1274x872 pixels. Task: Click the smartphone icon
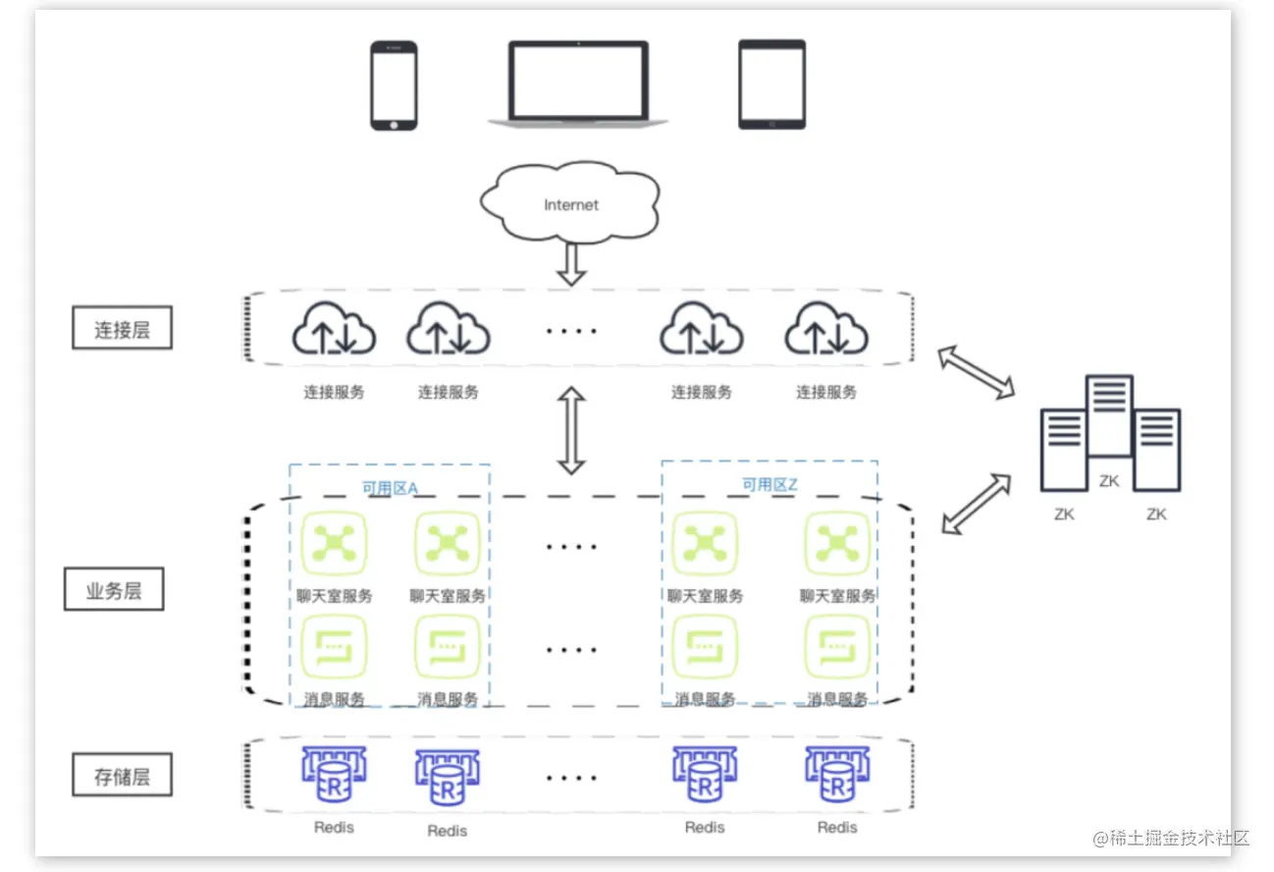tap(394, 85)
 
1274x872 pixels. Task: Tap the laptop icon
tap(578, 83)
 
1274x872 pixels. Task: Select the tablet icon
tap(771, 84)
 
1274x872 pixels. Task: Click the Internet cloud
tap(570, 201)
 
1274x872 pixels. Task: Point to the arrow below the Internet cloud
tap(571, 264)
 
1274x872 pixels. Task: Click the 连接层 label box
tap(123, 328)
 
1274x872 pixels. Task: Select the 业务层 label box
tap(114, 589)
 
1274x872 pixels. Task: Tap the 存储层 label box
tap(123, 775)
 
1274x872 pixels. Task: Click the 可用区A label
tap(391, 488)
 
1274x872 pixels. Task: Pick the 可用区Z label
tap(770, 484)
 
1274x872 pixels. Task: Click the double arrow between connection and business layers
tap(571, 430)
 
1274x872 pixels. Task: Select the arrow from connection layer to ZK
tap(976, 372)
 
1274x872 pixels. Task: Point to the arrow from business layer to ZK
tap(977, 504)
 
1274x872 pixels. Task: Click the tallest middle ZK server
tap(1109, 415)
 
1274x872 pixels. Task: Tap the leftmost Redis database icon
tap(334, 774)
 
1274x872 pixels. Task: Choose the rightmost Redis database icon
tap(837, 774)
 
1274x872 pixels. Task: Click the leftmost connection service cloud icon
tap(334, 328)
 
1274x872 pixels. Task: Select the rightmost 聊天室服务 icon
tap(837, 543)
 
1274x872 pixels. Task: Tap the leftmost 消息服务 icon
tap(334, 646)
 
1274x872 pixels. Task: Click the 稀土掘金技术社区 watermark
tap(1171, 838)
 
